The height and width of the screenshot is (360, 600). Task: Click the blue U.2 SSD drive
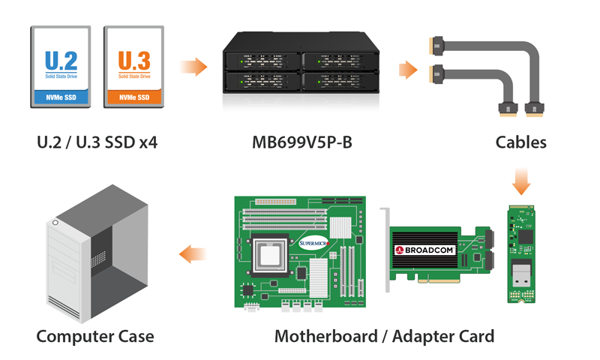[61, 67]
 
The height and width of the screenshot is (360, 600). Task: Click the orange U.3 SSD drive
[133, 67]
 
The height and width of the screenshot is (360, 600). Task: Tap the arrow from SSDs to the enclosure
[193, 67]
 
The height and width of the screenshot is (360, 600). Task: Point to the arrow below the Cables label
[520, 181]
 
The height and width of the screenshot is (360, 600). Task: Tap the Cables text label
[521, 142]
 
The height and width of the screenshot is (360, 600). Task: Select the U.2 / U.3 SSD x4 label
[97, 142]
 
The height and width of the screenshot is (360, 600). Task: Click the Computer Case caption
[95, 335]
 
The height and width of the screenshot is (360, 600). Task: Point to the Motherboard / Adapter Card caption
[384, 335]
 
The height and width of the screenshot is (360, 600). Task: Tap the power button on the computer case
[55, 224]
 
